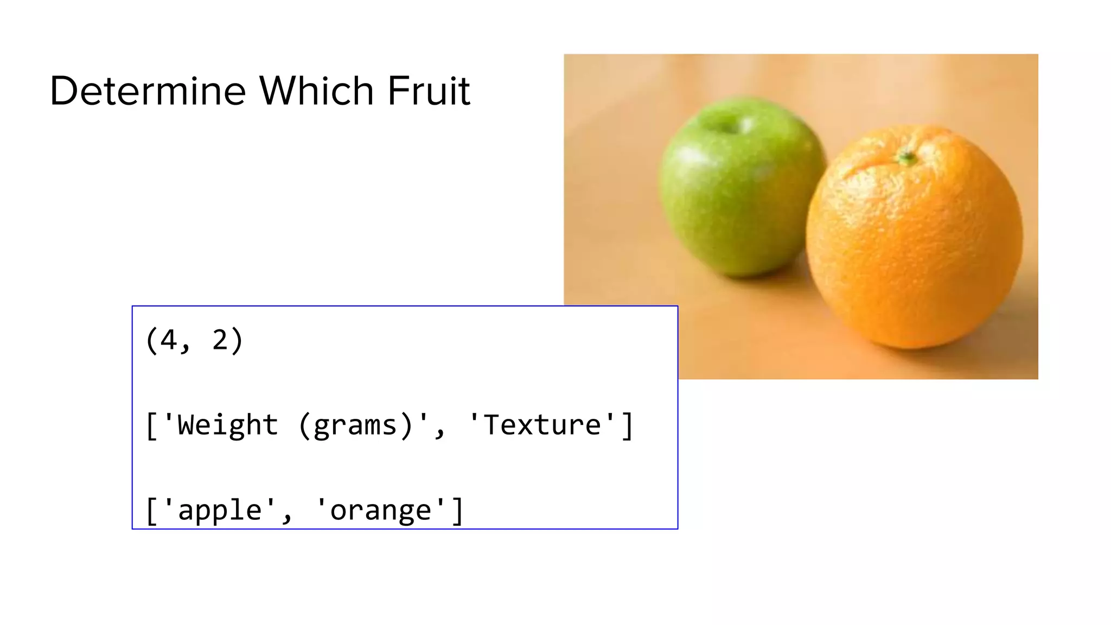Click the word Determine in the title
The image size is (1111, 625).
tap(148, 91)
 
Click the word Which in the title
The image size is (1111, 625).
tap(317, 91)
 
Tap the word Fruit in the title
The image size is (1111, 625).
tap(429, 91)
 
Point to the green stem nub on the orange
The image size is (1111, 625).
tap(906, 158)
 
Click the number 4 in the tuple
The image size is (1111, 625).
tap(169, 340)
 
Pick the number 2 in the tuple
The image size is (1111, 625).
tap(220, 340)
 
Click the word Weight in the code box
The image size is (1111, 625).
tap(228, 425)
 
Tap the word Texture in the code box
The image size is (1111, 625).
tap(542, 425)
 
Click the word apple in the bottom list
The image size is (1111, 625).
tap(220, 511)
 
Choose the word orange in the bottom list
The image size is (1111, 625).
tap(380, 511)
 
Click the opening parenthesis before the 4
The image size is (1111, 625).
tap(151, 341)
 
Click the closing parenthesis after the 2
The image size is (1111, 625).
tap(237, 341)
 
